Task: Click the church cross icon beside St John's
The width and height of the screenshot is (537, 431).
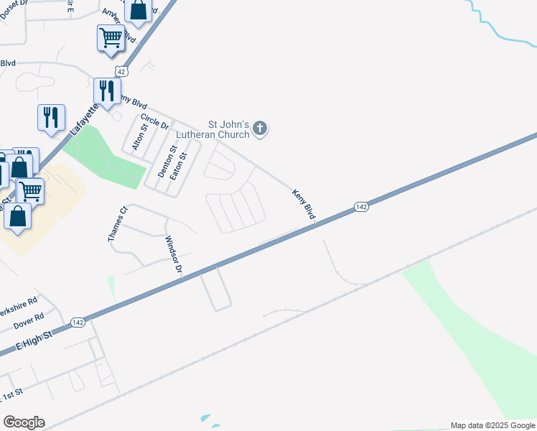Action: (x=261, y=129)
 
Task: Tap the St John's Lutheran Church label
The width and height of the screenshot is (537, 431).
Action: (x=228, y=129)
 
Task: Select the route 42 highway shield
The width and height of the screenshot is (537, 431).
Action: (x=121, y=71)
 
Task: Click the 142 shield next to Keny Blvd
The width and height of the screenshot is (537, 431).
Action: (x=361, y=207)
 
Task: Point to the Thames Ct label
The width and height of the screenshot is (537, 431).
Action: (x=117, y=223)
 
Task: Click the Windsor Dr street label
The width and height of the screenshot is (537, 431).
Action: (x=174, y=256)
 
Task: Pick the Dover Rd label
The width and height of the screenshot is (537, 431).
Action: (x=29, y=317)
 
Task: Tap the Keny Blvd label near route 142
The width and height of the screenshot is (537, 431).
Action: (x=304, y=204)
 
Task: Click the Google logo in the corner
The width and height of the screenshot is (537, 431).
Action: (x=24, y=422)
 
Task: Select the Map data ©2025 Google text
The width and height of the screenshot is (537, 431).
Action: (x=492, y=425)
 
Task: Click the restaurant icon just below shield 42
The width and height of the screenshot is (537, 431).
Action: (x=107, y=91)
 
